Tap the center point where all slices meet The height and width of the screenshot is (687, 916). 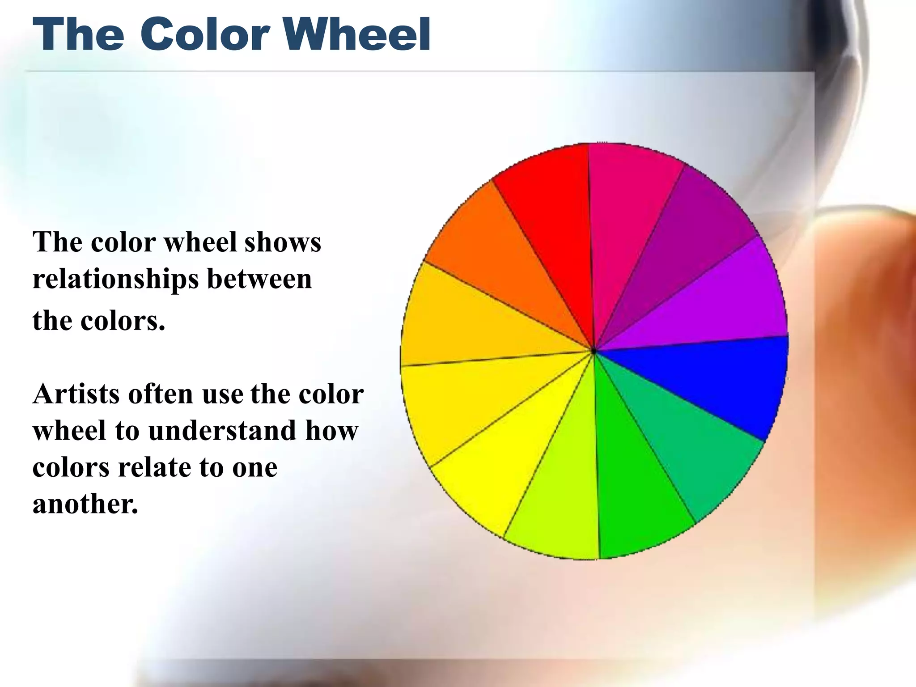594,352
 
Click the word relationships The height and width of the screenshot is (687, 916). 116,280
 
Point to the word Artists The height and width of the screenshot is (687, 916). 76,394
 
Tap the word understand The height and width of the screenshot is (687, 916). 222,431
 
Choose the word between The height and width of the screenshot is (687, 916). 259,279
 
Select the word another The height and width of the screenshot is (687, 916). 85,505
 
